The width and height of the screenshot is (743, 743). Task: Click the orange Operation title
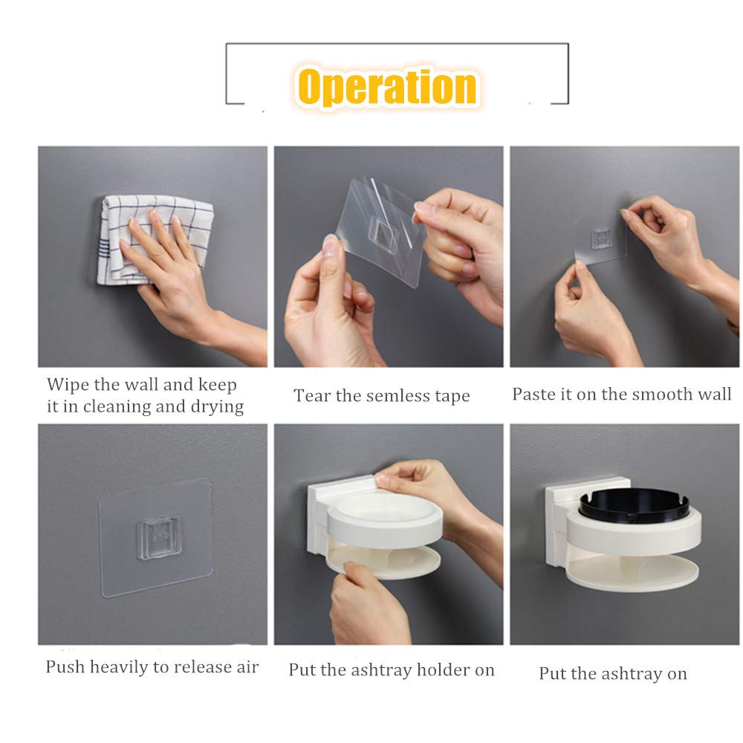point(387,87)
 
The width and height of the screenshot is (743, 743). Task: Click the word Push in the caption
point(65,666)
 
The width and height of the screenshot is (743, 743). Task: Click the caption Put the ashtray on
point(613,674)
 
